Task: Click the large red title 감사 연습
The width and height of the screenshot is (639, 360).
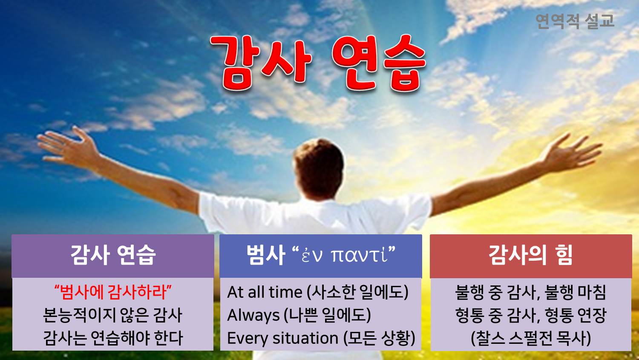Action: tap(318, 63)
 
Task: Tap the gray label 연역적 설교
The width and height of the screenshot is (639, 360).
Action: tap(575, 21)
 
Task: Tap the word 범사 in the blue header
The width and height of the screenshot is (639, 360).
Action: tap(266, 255)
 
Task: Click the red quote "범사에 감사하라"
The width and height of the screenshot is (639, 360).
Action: tap(113, 292)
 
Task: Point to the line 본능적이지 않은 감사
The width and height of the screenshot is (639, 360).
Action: tap(112, 315)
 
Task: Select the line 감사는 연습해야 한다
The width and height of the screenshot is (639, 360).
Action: tap(113, 338)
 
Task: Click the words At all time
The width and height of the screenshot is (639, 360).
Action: tap(265, 292)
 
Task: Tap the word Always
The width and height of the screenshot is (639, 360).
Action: tap(253, 316)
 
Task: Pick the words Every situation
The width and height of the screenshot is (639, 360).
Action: tap(283, 338)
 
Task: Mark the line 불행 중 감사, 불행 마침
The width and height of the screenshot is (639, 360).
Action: tap(531, 292)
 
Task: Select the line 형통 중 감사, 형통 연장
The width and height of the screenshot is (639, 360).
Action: tap(531, 315)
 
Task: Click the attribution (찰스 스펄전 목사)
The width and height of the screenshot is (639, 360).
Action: tap(531, 338)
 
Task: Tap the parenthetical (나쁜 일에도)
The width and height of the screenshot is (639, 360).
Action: tap(327, 315)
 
